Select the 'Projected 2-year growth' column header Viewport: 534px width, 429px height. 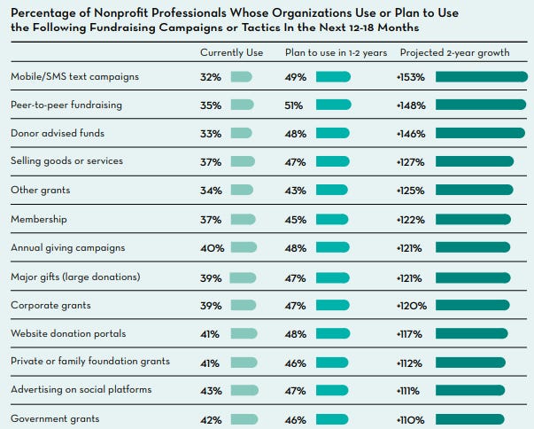pyautogui.click(x=453, y=52)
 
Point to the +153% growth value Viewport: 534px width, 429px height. pyautogui.click(x=411, y=76)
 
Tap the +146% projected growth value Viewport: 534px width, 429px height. pyautogui.click(x=411, y=133)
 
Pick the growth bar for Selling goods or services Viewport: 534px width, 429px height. pyautogui.click(x=475, y=161)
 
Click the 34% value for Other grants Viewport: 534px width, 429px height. pyautogui.click(x=210, y=190)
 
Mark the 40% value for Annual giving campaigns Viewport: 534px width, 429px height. pyautogui.click(x=211, y=247)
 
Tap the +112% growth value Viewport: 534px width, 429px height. pyautogui.click(x=410, y=362)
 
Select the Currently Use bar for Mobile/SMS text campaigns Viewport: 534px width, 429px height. pyautogui.click(x=241, y=76)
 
